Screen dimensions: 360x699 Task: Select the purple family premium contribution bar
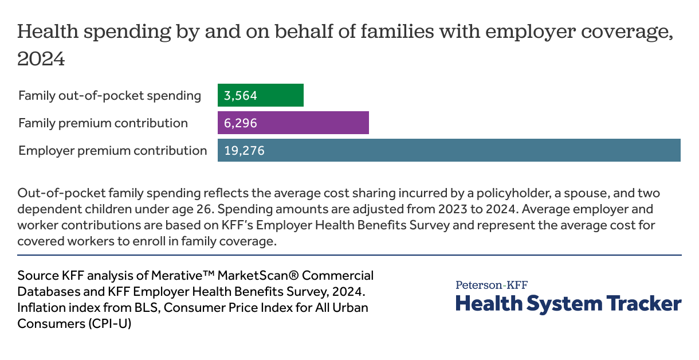click(x=321, y=123)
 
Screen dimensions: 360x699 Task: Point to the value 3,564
click(x=241, y=96)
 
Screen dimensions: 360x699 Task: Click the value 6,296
click(x=241, y=123)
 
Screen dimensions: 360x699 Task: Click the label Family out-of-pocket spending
click(x=109, y=96)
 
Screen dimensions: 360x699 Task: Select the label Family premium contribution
click(x=103, y=123)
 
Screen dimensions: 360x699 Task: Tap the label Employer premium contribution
click(x=112, y=151)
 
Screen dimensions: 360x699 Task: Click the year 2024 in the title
click(x=41, y=59)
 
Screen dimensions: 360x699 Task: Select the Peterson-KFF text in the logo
click(x=492, y=285)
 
